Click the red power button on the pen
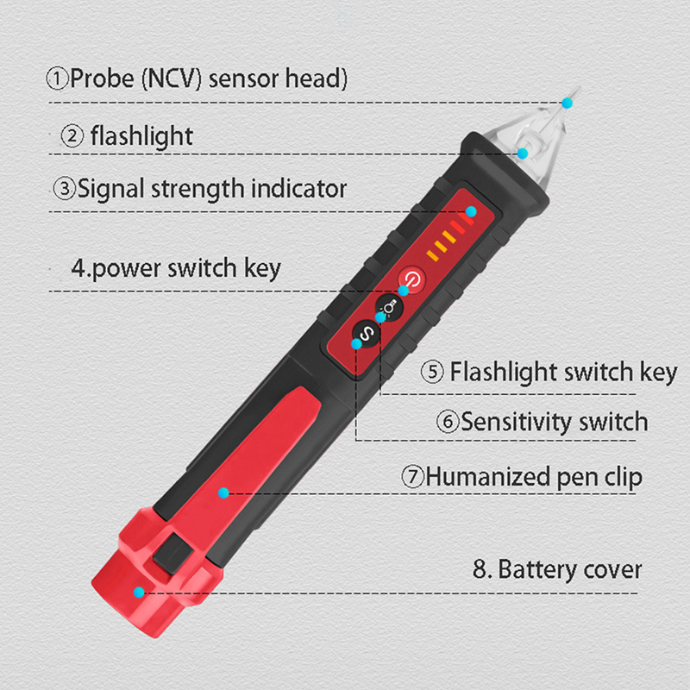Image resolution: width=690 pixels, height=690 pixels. click(x=412, y=278)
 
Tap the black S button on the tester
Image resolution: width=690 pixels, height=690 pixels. click(x=366, y=335)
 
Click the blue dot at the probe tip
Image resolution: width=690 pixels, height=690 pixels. click(x=568, y=103)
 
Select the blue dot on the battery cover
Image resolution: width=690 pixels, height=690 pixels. click(x=139, y=593)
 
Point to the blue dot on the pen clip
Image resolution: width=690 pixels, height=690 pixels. click(x=223, y=492)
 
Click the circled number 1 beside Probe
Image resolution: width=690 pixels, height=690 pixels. click(x=57, y=78)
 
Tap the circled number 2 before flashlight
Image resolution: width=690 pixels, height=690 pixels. click(x=72, y=135)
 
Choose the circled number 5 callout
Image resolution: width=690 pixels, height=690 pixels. click(x=432, y=372)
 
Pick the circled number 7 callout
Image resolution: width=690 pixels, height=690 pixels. click(x=412, y=477)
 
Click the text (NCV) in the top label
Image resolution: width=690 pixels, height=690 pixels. click(x=172, y=78)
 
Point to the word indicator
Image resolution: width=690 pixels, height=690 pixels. click(x=298, y=188)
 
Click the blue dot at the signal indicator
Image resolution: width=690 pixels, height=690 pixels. click(x=471, y=211)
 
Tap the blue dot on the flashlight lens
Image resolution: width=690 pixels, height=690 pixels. click(x=523, y=154)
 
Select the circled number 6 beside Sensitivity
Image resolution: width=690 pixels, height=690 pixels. click(x=448, y=422)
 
